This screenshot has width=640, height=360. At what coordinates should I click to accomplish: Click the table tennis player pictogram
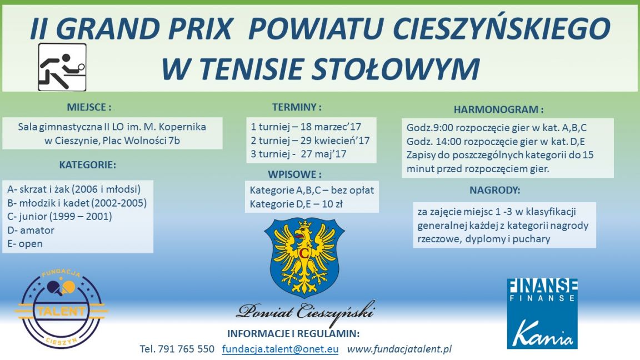[x=62, y=67]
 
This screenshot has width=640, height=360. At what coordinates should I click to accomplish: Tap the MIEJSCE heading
[x=89, y=107]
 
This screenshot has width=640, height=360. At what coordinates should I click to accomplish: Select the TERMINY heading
[x=297, y=107]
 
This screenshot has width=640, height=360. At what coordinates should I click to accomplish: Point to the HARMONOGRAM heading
[x=498, y=109]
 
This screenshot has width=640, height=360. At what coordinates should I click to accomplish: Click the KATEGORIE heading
[x=87, y=165]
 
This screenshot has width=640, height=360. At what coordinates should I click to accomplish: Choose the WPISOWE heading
[x=294, y=174]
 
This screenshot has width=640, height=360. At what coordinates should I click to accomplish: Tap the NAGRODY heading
[x=494, y=190]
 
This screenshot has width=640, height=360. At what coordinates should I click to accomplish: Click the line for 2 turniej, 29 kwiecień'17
[x=310, y=141]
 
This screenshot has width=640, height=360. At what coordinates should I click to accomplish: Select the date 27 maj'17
[x=324, y=154]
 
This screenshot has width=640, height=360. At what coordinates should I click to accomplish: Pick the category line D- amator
[x=31, y=230]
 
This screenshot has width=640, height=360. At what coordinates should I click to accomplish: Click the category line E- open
[x=25, y=244]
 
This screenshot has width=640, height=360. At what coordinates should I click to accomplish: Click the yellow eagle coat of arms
[x=304, y=257]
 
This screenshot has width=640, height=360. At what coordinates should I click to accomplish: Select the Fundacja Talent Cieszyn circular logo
[x=61, y=308]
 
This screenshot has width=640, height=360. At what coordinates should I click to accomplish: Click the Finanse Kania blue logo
[x=542, y=313]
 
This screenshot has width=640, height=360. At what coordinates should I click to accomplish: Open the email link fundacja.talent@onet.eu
[x=281, y=349]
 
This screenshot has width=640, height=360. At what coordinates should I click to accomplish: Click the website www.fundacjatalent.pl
[x=399, y=349]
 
